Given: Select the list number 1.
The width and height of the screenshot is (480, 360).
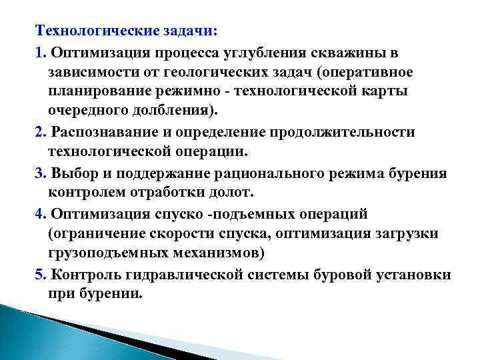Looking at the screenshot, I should click(x=39, y=51).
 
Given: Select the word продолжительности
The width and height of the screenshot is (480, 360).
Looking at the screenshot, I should click(x=345, y=131).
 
